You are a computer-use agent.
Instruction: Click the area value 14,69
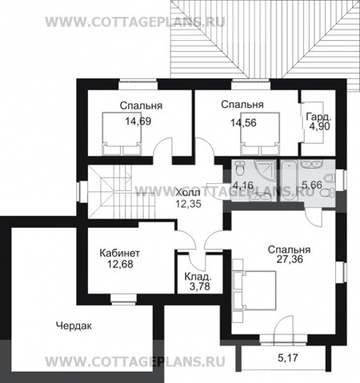pyautogui.click(x=138, y=122)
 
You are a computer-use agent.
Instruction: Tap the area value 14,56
pyautogui.click(x=243, y=123)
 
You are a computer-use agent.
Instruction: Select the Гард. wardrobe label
pyautogui.click(x=319, y=117)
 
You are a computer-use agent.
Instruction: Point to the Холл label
pyautogui.click(x=188, y=193)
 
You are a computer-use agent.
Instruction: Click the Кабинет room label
pyautogui.click(x=120, y=253)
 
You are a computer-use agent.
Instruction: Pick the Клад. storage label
pyautogui.click(x=198, y=277)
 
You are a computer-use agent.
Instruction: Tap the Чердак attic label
pyautogui.click(x=74, y=325)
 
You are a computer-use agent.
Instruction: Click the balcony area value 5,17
pyautogui.click(x=288, y=357)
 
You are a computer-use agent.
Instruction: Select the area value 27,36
pyautogui.click(x=290, y=259)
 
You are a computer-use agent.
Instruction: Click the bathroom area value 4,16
pyautogui.click(x=242, y=185)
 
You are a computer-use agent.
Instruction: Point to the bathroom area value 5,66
pyautogui.click(x=312, y=185)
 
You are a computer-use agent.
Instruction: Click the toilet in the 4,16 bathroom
pyautogui.click(x=240, y=168)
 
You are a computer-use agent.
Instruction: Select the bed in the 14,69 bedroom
pyautogui.click(x=122, y=134)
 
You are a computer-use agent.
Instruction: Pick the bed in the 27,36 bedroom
pyautogui.click(x=254, y=290)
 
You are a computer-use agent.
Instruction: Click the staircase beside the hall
pyautogui.click(x=122, y=192)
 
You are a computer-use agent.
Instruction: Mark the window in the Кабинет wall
pyautogui.click(x=123, y=300)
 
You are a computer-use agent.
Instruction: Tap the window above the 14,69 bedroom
pyautogui.click(x=138, y=85)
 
